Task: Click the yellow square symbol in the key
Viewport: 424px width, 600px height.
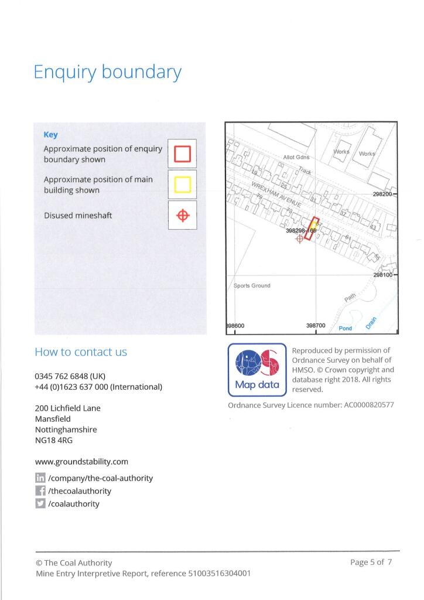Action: [x=183, y=185]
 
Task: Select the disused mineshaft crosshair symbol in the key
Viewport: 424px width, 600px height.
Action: [x=183, y=216]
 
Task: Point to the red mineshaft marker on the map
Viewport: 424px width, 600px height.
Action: [x=300, y=238]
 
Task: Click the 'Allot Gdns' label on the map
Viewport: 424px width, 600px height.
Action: [x=296, y=157]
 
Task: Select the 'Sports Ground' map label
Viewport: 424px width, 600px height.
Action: [x=252, y=286]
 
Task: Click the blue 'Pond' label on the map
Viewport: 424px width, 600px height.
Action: [x=346, y=328]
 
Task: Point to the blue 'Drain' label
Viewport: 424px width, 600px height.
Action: [x=371, y=321]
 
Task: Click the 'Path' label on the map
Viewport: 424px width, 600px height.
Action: [x=350, y=298]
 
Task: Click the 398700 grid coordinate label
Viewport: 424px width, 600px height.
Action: [x=316, y=325]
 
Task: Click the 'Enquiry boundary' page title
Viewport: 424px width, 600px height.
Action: [x=107, y=73]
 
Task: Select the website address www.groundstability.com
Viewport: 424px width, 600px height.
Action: [x=81, y=462]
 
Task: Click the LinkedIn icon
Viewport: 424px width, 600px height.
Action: [x=41, y=478]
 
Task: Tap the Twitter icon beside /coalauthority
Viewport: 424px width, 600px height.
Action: [x=41, y=504]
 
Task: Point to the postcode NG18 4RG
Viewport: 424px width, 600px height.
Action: [x=54, y=440]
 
